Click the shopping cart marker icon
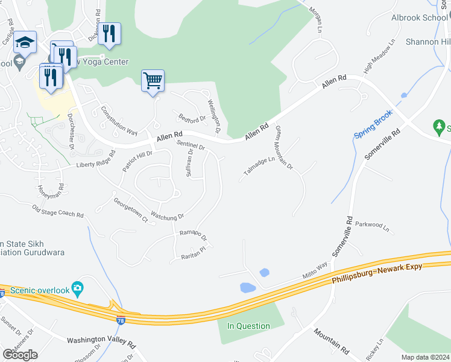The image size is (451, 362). tap(153, 80)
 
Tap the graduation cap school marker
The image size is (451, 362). tap(25, 43)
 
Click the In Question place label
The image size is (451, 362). tap(248, 326)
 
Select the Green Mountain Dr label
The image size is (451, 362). tap(284, 147)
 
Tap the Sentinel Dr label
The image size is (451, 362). tap(191, 145)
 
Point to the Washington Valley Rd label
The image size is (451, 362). tap(101, 341)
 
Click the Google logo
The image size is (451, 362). tap(20, 354)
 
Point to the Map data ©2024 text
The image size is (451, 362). tap(425, 357)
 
